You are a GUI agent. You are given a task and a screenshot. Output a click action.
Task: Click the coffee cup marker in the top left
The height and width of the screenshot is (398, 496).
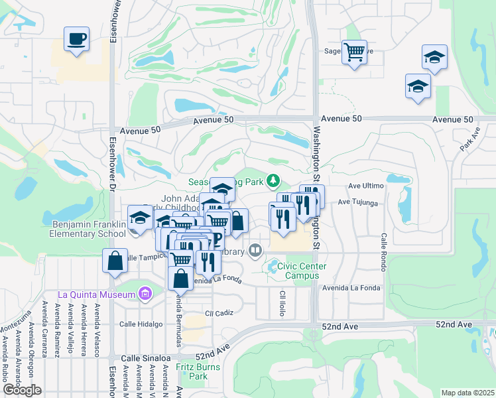76,38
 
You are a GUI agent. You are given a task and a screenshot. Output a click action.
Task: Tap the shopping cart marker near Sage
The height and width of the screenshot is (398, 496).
354,51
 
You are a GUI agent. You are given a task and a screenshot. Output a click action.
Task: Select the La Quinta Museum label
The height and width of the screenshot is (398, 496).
97,295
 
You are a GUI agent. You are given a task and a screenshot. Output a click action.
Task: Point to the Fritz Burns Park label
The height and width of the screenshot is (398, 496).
193,371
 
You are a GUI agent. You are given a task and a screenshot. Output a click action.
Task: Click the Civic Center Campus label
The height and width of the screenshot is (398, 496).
302,271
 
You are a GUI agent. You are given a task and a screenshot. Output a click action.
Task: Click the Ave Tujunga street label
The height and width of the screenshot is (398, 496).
357,202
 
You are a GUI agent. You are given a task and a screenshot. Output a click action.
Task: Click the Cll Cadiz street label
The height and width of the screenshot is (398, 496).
219,312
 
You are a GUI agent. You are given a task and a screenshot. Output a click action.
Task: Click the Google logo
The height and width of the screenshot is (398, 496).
22,390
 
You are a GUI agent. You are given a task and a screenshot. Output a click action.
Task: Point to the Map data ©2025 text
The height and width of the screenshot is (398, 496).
467,393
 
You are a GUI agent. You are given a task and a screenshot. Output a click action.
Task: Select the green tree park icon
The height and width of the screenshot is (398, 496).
273,180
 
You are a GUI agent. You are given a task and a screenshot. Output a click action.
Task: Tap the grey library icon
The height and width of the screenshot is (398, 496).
255,250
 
